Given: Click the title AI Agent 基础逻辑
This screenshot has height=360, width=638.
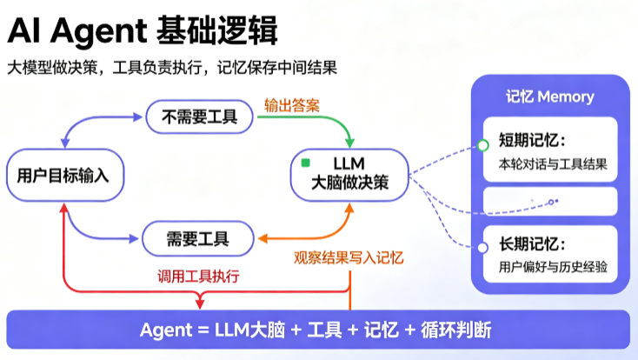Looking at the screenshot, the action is click(143, 30).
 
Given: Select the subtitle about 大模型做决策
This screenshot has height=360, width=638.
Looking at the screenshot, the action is click(172, 68).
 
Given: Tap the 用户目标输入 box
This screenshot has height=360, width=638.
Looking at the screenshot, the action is click(65, 175).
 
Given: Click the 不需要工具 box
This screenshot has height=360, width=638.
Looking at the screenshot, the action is click(199, 117).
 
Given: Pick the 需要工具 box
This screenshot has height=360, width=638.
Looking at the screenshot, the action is click(198, 238).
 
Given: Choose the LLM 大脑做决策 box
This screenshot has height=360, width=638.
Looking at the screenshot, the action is click(349, 175).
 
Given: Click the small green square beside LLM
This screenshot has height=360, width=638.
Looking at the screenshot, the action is click(306, 163).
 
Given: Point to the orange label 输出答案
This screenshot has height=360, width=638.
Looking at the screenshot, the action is click(292, 105).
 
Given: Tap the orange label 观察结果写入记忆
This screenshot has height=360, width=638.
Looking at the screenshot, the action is click(349, 257).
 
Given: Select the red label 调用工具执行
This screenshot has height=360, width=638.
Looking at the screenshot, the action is click(198, 277).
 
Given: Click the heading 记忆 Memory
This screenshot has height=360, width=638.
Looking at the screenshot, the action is click(550, 97).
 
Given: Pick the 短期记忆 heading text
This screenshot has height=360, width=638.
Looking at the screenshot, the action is click(532, 141).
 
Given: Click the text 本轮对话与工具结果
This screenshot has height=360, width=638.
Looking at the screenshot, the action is click(553, 164).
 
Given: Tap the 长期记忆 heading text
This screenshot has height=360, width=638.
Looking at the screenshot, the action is click(532, 244).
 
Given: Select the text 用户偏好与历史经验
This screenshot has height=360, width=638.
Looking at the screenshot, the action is click(553, 267).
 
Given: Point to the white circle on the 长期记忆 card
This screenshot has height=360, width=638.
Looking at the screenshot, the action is click(482, 247).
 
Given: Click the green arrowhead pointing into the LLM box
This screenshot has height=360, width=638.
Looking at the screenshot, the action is click(349, 143).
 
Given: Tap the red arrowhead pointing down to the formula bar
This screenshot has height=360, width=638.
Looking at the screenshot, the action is click(200, 303).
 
